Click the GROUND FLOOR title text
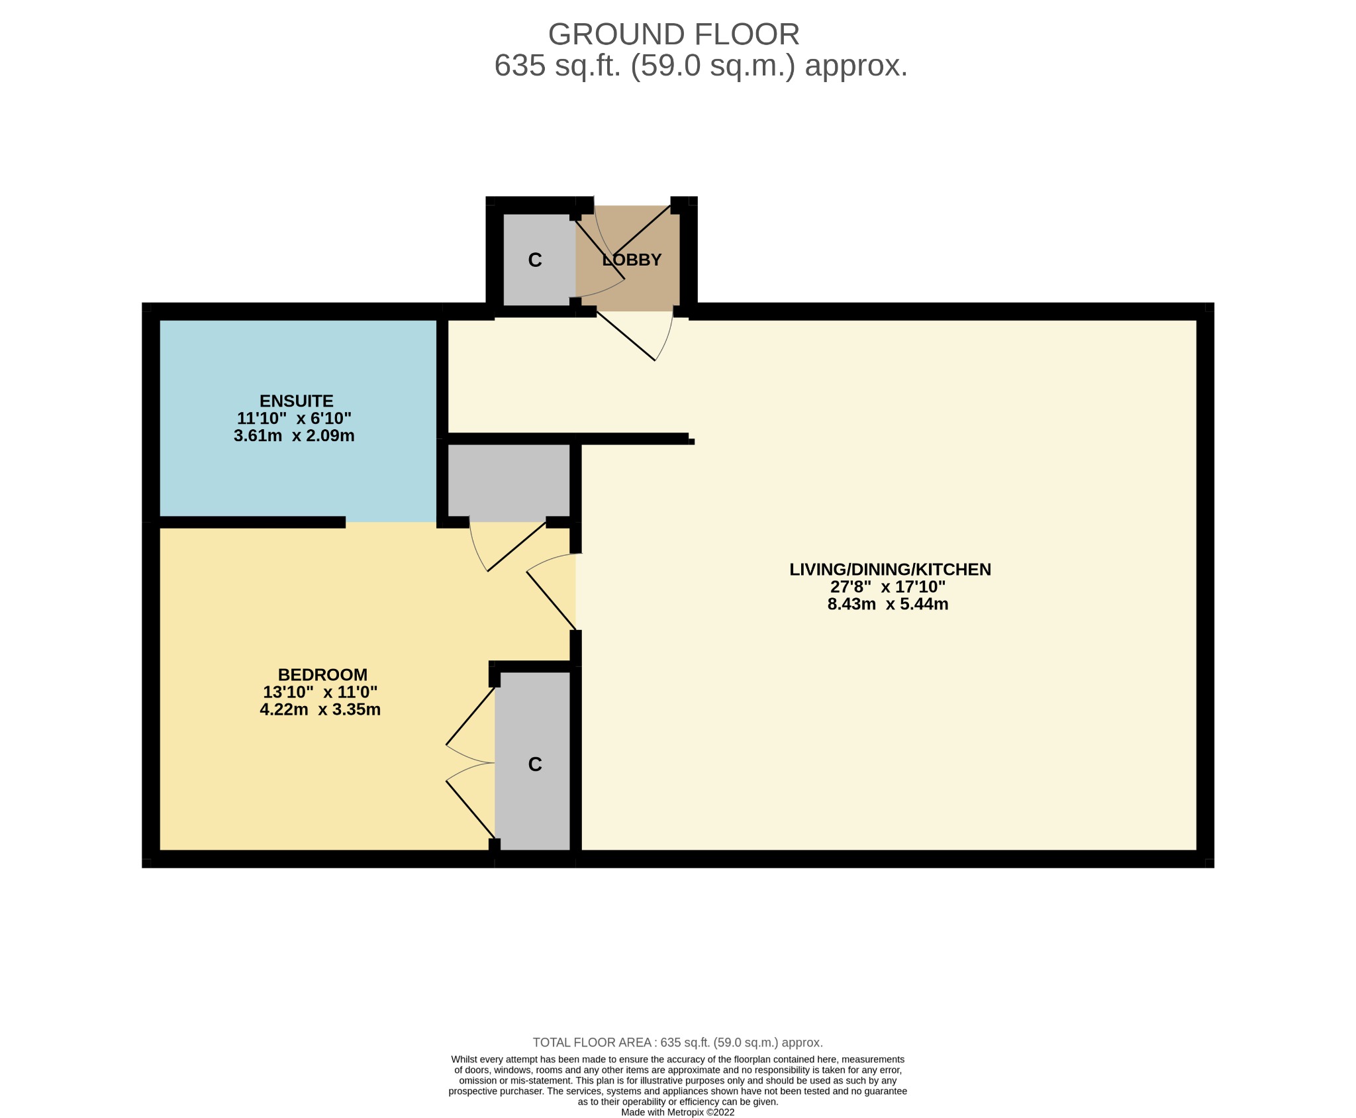pyautogui.click(x=673, y=34)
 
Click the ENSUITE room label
pyautogui.click(x=296, y=401)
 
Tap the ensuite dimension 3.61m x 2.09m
pyautogui.click(x=294, y=436)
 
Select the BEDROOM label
pyautogui.click(x=322, y=674)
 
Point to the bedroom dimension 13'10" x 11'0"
pyautogui.click(x=320, y=692)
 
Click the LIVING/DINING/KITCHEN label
pyautogui.click(x=889, y=569)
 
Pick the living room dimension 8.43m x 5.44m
pyautogui.click(x=887, y=604)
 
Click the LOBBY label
pyautogui.click(x=632, y=260)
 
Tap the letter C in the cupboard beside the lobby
pyautogui.click(x=535, y=260)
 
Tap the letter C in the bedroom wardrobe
pyautogui.click(x=535, y=764)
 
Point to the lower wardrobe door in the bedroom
pyautogui.click(x=471, y=809)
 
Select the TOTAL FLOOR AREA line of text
pyautogui.click(x=677, y=1042)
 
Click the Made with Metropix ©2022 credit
pyautogui.click(x=677, y=1112)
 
